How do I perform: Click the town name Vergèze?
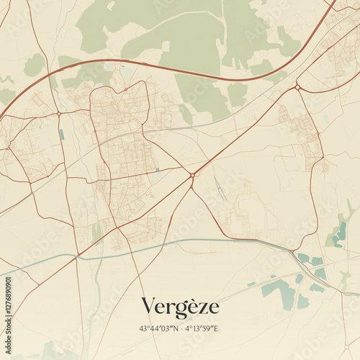point(180,307)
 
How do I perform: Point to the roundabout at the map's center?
point(192,174)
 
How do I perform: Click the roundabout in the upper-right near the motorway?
point(297,87)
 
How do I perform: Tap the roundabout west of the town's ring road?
point(58,114)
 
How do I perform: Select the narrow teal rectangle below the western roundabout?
point(62,134)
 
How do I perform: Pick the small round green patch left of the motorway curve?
point(34,65)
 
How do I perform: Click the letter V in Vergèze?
point(148,307)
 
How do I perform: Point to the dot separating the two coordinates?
point(180,329)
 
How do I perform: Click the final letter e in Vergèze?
point(213,310)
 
